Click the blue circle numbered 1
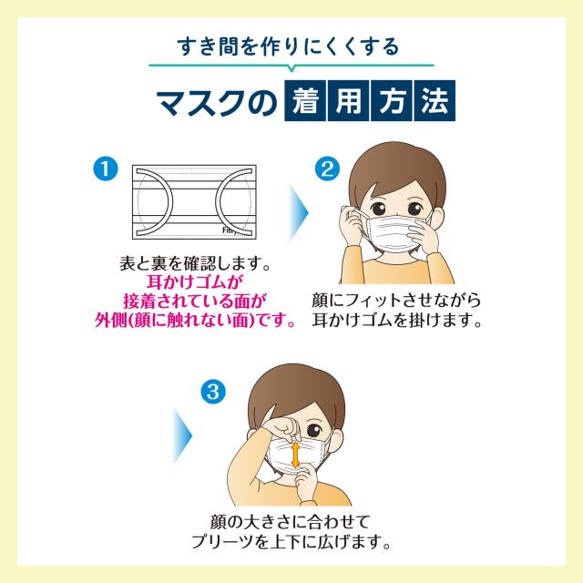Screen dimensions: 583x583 (x=106, y=169)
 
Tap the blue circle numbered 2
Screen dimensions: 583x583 (x=327, y=169)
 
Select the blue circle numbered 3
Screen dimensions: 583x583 (x=213, y=392)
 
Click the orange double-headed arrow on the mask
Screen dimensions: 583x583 (x=295, y=455)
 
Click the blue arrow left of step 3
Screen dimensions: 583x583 (x=182, y=435)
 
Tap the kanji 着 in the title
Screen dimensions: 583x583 (x=306, y=100)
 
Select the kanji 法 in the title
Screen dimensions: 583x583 (x=435, y=100)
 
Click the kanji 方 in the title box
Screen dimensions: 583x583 (x=392, y=100)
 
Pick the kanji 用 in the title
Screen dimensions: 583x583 (x=349, y=100)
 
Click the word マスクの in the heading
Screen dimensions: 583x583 (x=217, y=102)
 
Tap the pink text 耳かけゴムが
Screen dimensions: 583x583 (x=194, y=281)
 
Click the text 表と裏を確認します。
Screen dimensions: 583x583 (x=194, y=263)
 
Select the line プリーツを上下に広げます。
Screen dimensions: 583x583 (x=291, y=541)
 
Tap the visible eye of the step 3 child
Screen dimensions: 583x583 (x=314, y=431)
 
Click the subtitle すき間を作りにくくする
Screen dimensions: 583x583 (x=288, y=46)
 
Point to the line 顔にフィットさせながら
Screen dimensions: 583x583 (x=396, y=301)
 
